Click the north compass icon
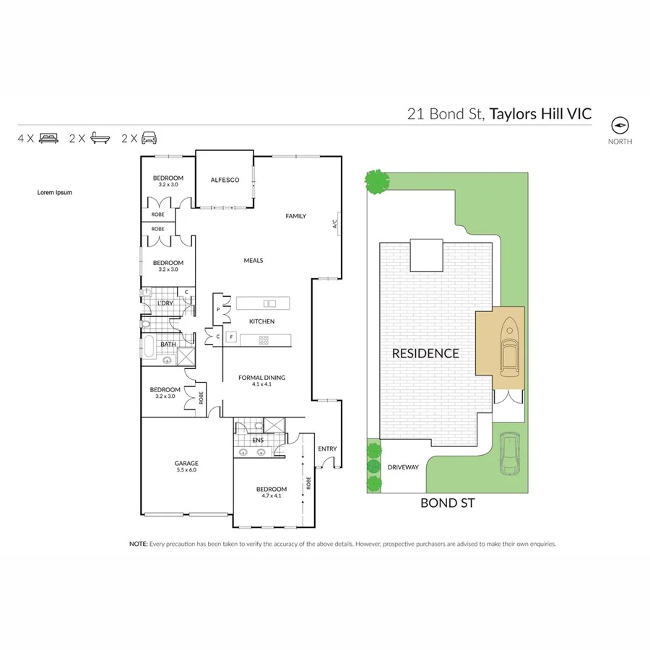coord(620,123)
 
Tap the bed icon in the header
coord(49,137)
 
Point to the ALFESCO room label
coord(225,180)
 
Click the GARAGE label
coord(186,463)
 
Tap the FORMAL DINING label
coord(262,377)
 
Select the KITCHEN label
coord(262,321)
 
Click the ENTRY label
coord(327,448)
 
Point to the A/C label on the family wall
coord(335,225)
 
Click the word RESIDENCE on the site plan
coord(425,353)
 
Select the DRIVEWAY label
coord(403,467)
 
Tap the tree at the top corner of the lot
coord(376,181)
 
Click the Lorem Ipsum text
coord(55,193)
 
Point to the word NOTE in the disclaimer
coord(138,544)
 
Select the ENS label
coord(257,439)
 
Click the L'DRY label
coord(165,303)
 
